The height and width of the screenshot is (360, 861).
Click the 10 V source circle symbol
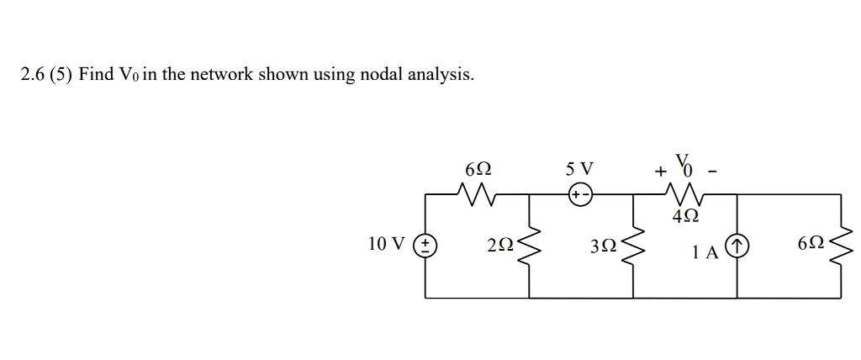pos(425,246)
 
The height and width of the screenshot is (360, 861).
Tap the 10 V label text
pos(386,245)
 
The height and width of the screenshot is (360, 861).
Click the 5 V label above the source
pos(579,167)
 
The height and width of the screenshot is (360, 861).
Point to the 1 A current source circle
pos(737,246)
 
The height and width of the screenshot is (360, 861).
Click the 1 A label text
pos(705,251)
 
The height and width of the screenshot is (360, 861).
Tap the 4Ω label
pos(685,217)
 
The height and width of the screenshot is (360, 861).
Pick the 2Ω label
pos(499,246)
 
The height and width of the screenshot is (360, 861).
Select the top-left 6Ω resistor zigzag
pos(477,195)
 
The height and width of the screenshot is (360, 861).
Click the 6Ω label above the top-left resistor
pos(478,168)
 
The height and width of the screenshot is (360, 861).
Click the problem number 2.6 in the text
pos(33,75)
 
